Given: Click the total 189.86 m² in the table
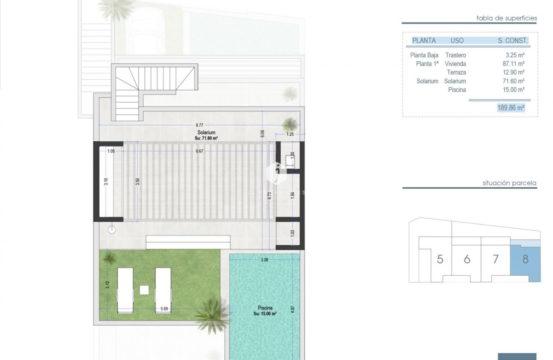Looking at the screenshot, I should (511, 108).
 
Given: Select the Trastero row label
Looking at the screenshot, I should (455, 55).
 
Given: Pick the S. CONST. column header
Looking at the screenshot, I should (512, 41).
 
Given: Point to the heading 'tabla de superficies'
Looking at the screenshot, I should (506, 18).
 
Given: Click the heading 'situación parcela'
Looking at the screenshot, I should (509, 183).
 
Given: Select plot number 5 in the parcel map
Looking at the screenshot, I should (440, 259).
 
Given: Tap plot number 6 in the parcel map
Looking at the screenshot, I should (467, 259).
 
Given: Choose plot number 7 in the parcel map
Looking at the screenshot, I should (495, 259).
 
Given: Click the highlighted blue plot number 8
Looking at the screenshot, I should (525, 259).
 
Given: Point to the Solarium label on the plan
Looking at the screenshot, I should (206, 132).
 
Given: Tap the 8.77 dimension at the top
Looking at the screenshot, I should (200, 124).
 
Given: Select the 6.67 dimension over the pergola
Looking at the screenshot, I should (199, 151).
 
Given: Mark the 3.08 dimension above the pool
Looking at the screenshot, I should (264, 260).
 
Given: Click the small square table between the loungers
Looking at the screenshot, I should (144, 290).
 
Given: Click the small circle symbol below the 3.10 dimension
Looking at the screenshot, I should (111, 229).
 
